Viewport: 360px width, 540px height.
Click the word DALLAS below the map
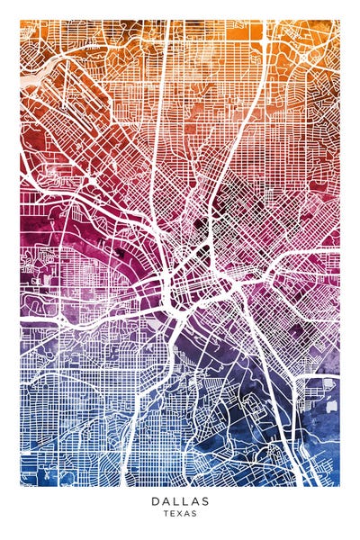pyautogui.click(x=180, y=501)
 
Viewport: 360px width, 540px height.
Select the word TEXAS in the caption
pyautogui.click(x=180, y=514)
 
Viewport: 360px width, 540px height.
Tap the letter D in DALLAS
pyautogui.click(x=155, y=501)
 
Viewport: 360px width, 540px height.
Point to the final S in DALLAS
pyautogui.click(x=205, y=501)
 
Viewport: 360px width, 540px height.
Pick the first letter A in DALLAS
pyautogui.click(x=165, y=501)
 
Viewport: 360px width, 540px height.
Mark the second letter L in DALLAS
pyautogui.click(x=185, y=501)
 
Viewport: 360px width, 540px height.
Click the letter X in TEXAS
pyautogui.click(x=180, y=514)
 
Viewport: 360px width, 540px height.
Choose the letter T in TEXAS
pyautogui.click(x=166, y=514)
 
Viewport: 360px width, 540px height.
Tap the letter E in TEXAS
pyautogui.click(x=173, y=514)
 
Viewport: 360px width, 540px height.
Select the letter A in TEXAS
pyautogui.click(x=187, y=514)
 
